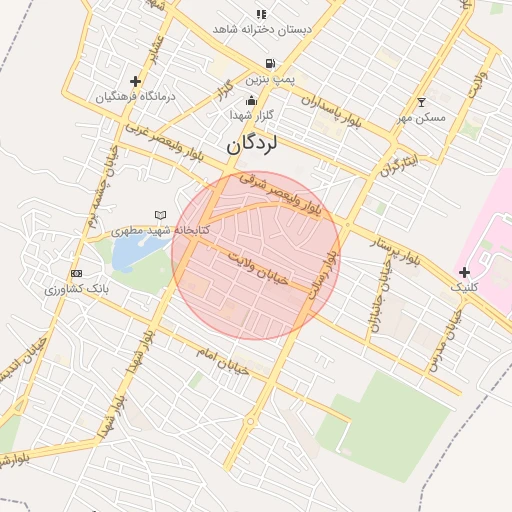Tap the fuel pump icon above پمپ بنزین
[269, 63]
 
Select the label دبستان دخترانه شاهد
[262, 29]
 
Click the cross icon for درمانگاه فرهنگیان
[136, 81]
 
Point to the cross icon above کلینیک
[464, 272]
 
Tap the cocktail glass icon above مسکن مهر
[421, 102]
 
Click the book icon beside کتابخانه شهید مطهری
[162, 215]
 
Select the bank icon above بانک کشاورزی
[76, 273]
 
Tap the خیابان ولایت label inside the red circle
[256, 269]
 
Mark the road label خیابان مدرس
[445, 340]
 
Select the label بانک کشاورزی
[75, 289]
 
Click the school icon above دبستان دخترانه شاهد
[261, 14]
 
